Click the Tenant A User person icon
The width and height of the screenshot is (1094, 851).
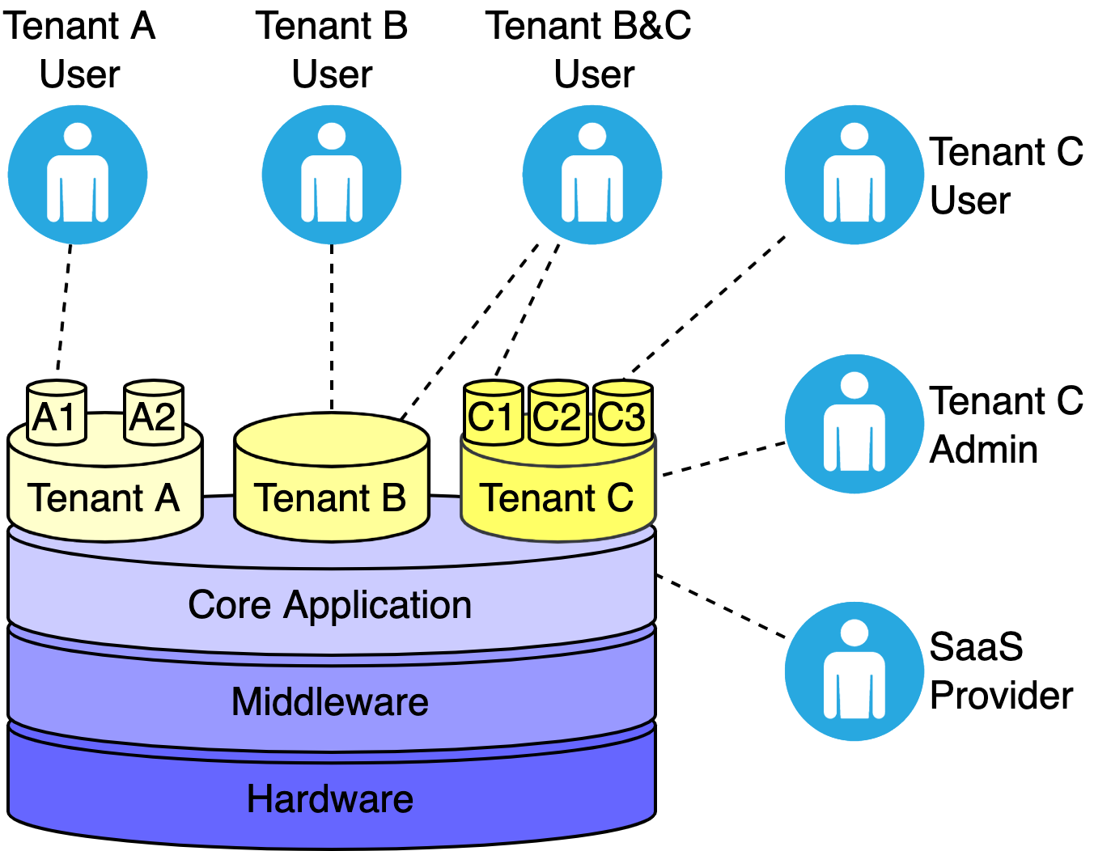[78, 175]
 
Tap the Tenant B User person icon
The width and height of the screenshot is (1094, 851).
[332, 175]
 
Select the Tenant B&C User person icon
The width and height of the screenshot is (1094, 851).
[592, 175]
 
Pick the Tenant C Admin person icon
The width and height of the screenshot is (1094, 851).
[854, 423]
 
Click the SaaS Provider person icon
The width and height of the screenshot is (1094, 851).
[854, 671]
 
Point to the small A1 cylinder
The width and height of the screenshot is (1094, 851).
[56, 413]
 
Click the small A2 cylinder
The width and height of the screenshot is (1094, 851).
[153, 413]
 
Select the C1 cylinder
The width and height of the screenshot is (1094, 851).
[493, 414]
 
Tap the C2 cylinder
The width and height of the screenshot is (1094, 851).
[558, 414]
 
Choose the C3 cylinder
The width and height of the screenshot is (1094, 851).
[622, 414]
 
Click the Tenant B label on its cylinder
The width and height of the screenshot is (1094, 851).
[330, 497]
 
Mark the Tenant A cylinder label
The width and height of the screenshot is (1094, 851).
[104, 497]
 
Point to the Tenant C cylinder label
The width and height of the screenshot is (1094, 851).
[557, 497]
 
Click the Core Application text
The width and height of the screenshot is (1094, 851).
[330, 605]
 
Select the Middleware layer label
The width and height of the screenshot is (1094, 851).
[330, 701]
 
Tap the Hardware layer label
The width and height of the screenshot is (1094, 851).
[330, 798]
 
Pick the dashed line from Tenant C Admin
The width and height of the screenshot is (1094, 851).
[723, 459]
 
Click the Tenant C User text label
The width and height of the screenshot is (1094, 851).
[1005, 176]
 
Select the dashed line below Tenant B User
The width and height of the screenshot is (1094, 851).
[332, 324]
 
